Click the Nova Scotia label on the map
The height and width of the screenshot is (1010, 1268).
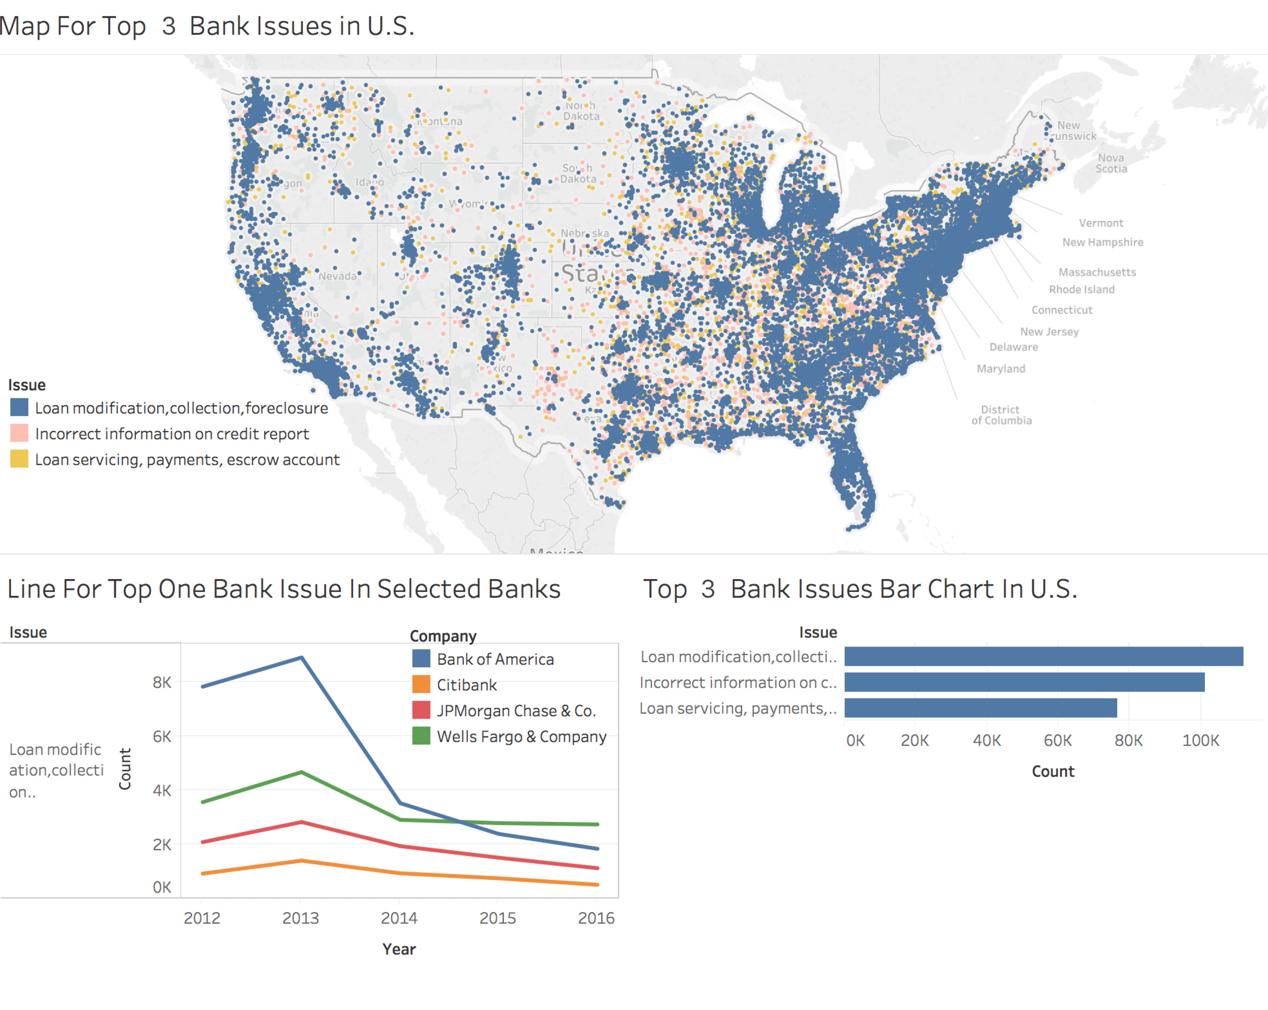click(x=1111, y=163)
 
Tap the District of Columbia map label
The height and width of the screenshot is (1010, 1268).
click(x=1001, y=414)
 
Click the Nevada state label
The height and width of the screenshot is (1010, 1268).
click(x=338, y=276)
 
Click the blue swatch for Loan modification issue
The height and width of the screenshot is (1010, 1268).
click(x=19, y=407)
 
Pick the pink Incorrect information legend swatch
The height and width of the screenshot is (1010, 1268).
click(x=19, y=433)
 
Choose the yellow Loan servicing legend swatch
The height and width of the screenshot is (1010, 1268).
click(x=19, y=459)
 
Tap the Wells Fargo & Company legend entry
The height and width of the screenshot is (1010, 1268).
click(x=521, y=737)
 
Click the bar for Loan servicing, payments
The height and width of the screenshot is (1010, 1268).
click(x=980, y=708)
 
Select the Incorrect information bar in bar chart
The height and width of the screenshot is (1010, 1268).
click(x=1024, y=682)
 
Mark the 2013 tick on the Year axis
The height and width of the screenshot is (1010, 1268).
click(x=301, y=918)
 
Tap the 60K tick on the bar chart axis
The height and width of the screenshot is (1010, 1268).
click(x=1057, y=740)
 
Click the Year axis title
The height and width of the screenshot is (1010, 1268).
click(x=399, y=949)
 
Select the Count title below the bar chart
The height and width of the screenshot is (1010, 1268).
click(x=1053, y=771)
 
